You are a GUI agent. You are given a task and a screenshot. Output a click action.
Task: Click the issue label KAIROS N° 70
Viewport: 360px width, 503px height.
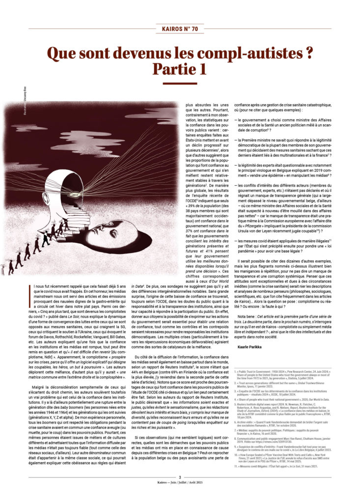180,29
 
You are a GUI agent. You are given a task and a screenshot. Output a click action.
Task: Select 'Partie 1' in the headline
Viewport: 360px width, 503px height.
180,69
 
